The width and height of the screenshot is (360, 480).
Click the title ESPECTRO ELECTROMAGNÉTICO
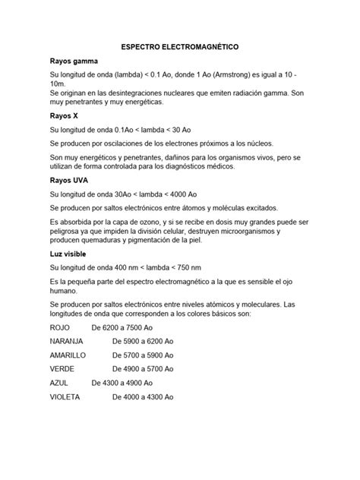(x=180, y=47)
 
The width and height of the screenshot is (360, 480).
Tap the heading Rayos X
(x=65, y=117)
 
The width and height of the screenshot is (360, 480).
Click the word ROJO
(x=60, y=327)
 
